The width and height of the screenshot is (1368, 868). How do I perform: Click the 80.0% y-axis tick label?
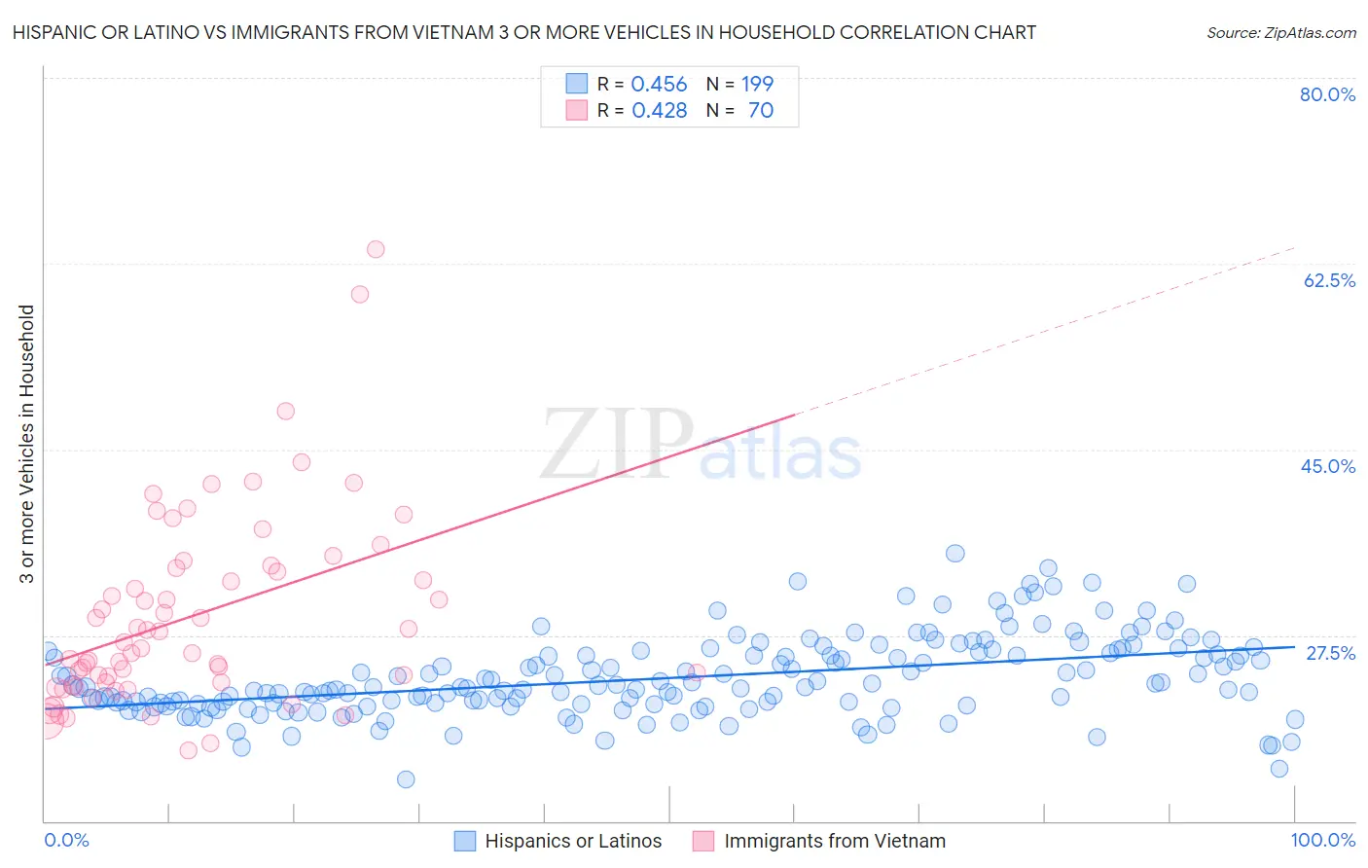[x=1327, y=94]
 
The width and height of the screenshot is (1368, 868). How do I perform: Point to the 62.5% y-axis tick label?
[x=1329, y=280]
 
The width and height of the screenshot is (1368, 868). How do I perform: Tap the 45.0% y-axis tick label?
[x=1328, y=466]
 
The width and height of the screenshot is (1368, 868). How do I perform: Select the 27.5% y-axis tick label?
[x=1330, y=653]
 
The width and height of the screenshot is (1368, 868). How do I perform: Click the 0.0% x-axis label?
[x=66, y=841]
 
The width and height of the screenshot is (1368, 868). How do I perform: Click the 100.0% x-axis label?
[x=1322, y=841]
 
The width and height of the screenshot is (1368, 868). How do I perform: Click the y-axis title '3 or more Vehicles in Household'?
[x=27, y=444]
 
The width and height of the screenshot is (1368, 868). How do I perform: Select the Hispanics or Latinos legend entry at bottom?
[x=558, y=841]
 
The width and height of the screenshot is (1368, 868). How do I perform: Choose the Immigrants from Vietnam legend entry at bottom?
[x=819, y=841]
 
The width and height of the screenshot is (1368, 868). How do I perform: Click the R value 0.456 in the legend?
[x=659, y=85]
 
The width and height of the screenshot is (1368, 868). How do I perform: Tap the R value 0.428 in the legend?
[x=659, y=111]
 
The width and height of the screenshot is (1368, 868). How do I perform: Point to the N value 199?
[x=757, y=85]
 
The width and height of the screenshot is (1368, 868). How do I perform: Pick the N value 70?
[x=761, y=111]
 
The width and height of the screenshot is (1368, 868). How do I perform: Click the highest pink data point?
[x=376, y=249]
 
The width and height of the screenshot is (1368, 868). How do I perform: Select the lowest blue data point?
[x=406, y=779]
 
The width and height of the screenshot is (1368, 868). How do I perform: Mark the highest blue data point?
[x=955, y=554]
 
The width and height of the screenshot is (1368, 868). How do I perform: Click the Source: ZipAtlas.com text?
[x=1280, y=33]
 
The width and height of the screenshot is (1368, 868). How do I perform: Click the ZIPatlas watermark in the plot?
[x=701, y=447]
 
